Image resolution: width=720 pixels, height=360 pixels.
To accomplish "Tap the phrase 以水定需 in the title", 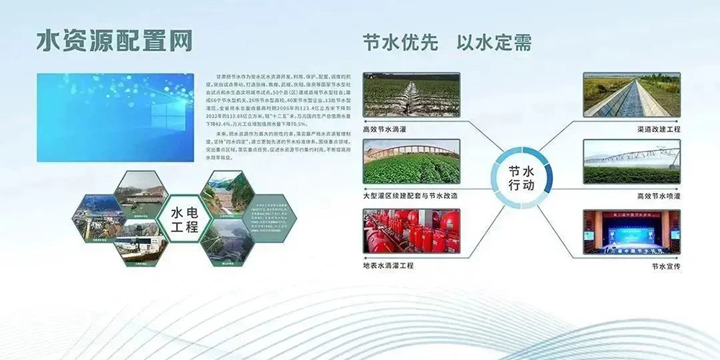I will click(x=495, y=42).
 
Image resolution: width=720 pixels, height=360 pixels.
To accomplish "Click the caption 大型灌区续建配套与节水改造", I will click(x=410, y=195).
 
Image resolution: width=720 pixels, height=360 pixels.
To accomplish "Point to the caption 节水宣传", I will click(x=665, y=266).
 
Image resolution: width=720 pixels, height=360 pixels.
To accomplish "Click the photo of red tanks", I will click(x=411, y=231).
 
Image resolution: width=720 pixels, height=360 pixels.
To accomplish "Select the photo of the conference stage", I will click(x=631, y=231).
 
